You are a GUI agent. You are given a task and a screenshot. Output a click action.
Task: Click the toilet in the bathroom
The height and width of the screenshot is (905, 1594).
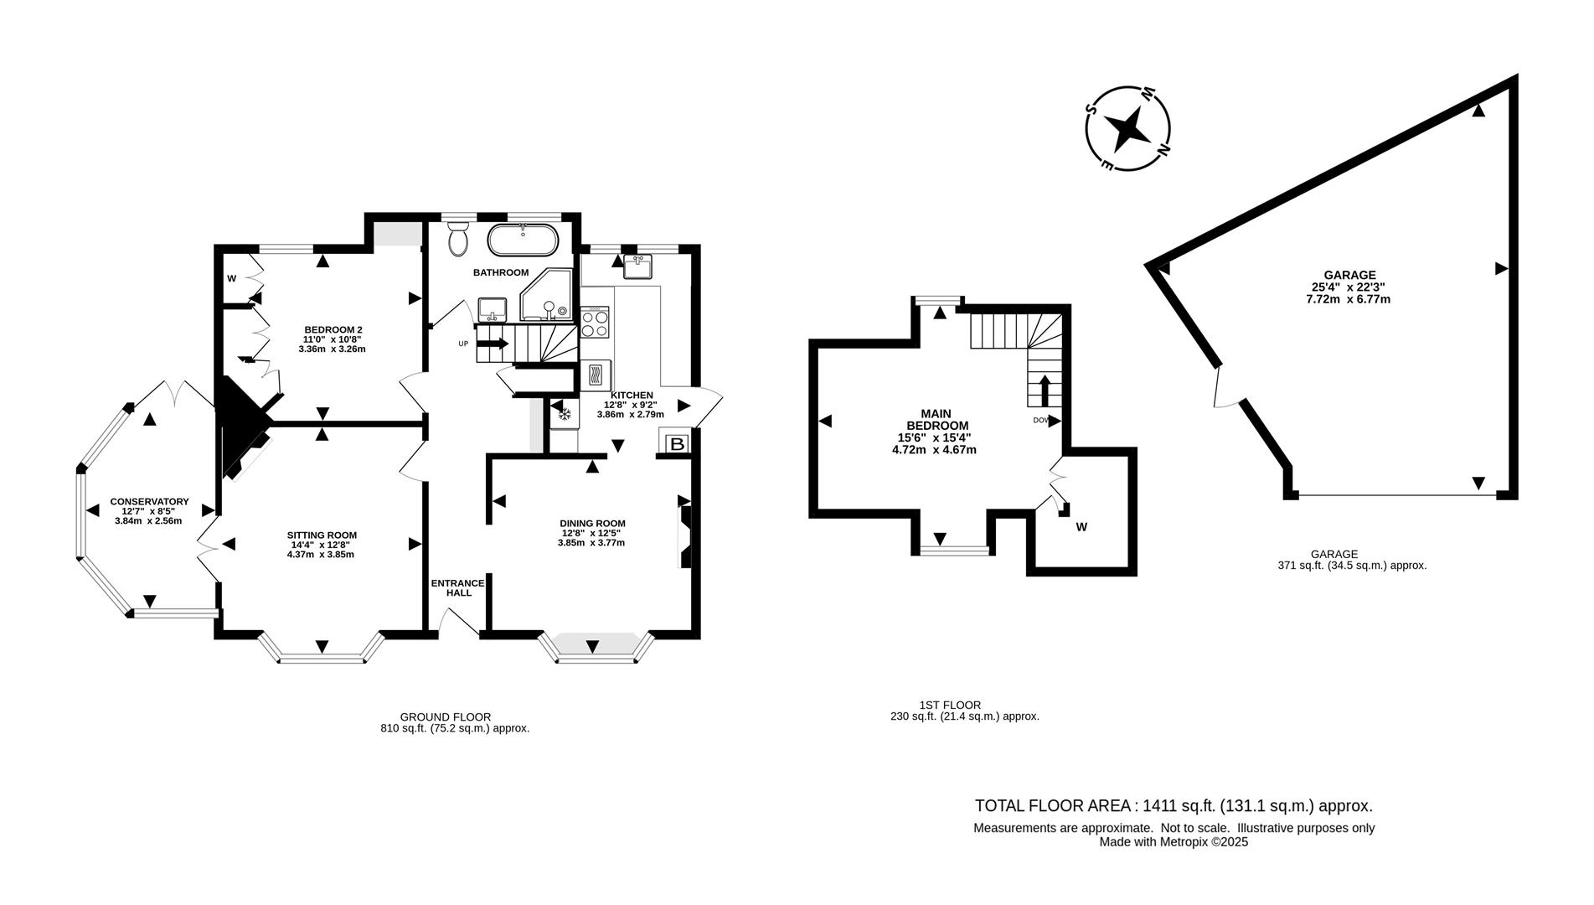458,240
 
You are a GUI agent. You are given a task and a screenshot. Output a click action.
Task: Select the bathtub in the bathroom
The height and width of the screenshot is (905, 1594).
523,240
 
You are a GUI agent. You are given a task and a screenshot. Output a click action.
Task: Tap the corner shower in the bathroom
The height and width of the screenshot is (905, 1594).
547,297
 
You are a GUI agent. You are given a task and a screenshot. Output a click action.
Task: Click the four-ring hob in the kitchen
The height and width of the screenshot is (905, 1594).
596,323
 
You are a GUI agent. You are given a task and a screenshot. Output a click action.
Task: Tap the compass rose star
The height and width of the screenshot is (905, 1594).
1127,130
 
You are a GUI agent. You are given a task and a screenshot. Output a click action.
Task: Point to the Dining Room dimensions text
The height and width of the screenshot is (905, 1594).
591,538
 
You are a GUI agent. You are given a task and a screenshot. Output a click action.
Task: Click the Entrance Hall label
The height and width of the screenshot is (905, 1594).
457,587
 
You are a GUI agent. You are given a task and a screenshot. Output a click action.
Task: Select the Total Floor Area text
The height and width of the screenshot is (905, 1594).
1173,806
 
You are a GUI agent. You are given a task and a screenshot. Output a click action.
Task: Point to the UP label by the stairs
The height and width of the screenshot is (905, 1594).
463,344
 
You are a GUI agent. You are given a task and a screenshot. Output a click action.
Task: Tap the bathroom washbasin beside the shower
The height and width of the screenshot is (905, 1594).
492,309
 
